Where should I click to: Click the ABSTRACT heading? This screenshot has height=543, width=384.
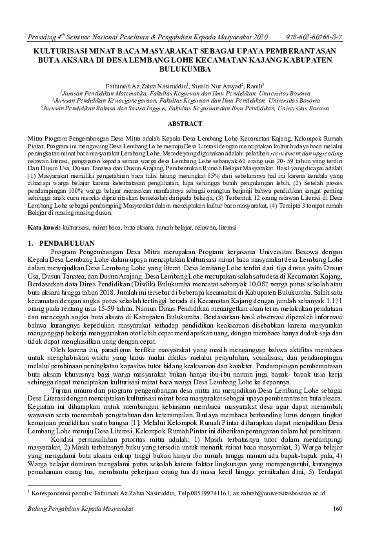[192, 122]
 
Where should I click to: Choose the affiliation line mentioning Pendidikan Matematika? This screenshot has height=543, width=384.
[192, 93]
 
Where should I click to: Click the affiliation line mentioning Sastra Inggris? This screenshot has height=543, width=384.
[192, 108]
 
